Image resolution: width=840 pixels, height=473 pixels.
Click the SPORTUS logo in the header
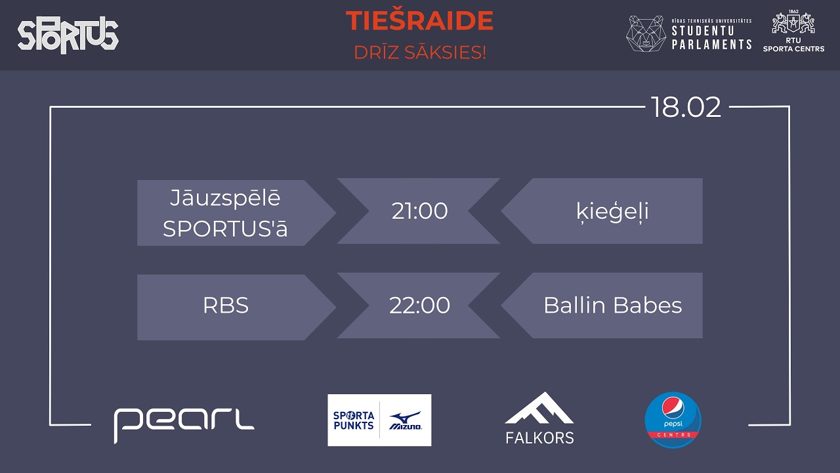(x=68, y=35)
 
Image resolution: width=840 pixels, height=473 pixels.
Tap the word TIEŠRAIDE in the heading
(x=419, y=21)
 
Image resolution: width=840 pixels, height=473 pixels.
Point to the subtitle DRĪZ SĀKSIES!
(x=420, y=53)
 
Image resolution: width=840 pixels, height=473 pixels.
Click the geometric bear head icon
(x=646, y=34)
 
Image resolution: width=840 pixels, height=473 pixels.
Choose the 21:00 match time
(x=419, y=211)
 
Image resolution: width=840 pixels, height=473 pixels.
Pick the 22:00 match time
(x=419, y=305)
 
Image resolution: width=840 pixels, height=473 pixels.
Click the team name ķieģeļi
(x=612, y=212)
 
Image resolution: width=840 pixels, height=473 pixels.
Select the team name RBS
(x=226, y=306)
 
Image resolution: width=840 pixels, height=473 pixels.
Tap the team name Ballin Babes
(x=612, y=305)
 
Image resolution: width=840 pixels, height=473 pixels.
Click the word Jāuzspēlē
(x=225, y=198)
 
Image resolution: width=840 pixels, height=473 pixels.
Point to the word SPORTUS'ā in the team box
(x=225, y=229)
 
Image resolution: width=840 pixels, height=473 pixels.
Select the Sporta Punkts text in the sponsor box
(x=354, y=420)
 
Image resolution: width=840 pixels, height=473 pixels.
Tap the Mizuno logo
(x=406, y=420)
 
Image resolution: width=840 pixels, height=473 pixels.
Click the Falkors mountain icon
(x=539, y=408)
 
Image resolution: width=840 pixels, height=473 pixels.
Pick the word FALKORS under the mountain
(x=539, y=438)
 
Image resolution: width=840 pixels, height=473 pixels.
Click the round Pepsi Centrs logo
(x=673, y=420)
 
